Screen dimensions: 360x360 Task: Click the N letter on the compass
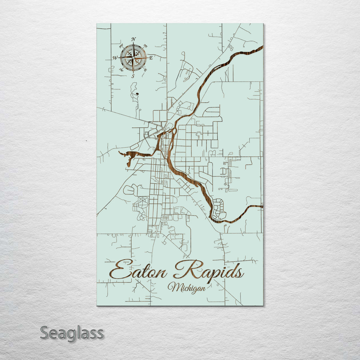(x=133, y=39)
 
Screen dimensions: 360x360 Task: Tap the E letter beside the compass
(x=151, y=58)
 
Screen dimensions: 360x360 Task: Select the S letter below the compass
(x=133, y=76)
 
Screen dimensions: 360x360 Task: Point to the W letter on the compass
(x=115, y=58)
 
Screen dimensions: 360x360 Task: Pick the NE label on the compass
(x=145, y=46)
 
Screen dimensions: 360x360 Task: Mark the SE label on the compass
(x=145, y=70)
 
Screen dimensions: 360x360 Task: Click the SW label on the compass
(x=121, y=70)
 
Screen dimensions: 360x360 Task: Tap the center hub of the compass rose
(x=133, y=58)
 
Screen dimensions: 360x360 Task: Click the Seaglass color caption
(x=72, y=333)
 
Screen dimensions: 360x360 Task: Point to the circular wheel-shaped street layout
(x=143, y=202)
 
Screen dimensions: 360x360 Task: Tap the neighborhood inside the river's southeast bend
(x=219, y=208)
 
